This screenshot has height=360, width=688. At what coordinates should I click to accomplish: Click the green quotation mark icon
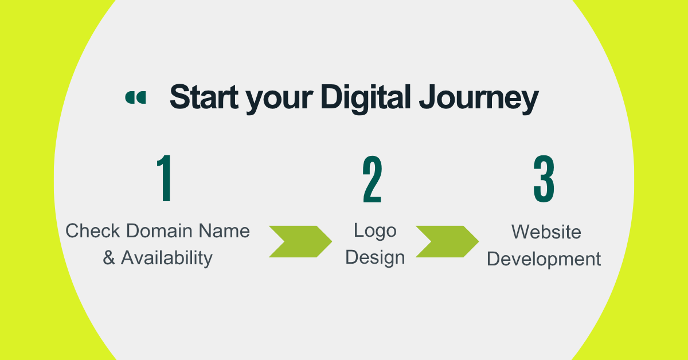tap(135, 98)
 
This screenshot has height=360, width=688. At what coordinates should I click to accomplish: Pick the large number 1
tap(165, 179)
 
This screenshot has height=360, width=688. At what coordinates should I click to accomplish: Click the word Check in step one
tap(92, 231)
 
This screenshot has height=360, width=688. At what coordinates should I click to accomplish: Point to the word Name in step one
tap(224, 231)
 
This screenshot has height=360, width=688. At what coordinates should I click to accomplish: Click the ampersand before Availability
tap(109, 258)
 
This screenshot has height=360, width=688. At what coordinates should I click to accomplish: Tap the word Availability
tap(166, 258)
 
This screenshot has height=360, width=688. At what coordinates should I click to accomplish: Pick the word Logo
tap(375, 231)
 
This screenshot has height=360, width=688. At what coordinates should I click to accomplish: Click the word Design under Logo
tap(375, 257)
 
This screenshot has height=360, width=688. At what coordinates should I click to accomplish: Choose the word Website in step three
tap(546, 232)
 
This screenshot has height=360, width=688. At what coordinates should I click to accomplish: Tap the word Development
tap(544, 259)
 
